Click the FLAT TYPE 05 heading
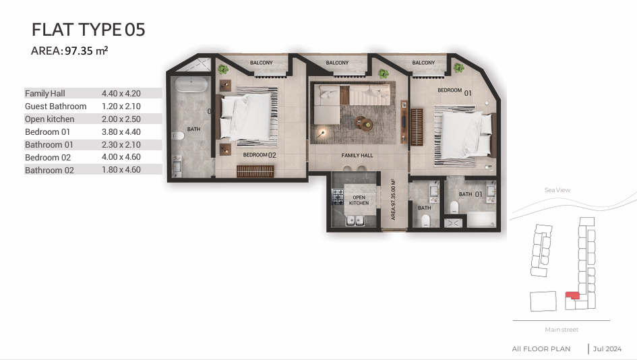(88, 30)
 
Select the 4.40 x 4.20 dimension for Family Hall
(121, 94)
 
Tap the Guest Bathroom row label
(56, 107)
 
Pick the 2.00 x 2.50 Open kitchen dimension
(121, 119)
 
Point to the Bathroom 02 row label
(49, 171)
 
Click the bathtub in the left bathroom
(191, 84)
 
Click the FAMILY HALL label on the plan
(357, 155)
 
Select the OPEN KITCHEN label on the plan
(359, 200)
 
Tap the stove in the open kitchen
(338, 197)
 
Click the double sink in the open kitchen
(355, 220)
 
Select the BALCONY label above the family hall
(337, 63)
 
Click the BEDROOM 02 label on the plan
(260, 155)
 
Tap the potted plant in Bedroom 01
(459, 68)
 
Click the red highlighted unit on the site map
(573, 295)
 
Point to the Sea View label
(557, 189)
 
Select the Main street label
(562, 330)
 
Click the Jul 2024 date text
(607, 349)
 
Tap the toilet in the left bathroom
(178, 136)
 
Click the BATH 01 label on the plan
(471, 194)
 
